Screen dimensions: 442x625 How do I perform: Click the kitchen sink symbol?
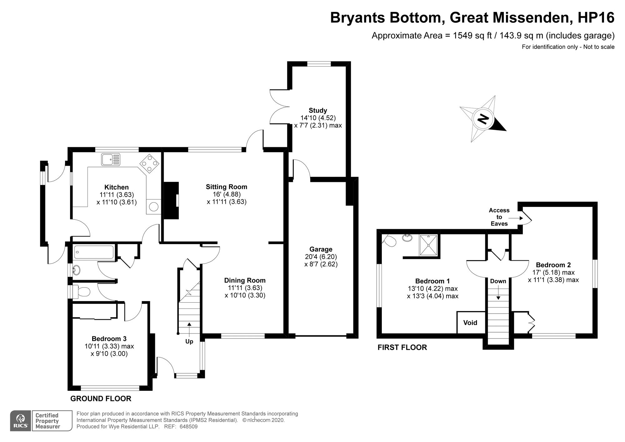[111, 159]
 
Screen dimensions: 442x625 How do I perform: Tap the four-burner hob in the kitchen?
[149, 163]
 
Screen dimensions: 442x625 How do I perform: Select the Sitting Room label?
[226, 187]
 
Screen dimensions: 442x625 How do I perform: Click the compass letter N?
[483, 119]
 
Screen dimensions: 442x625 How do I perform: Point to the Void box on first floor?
[470, 323]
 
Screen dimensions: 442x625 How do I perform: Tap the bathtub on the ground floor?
[94, 252]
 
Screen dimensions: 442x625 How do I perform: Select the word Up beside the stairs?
[189, 341]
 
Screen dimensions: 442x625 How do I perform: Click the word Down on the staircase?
[498, 281]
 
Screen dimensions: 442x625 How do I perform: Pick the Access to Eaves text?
[499, 217]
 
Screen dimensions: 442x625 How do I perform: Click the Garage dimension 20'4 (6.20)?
[321, 257]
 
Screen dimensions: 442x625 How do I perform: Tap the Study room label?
[318, 110]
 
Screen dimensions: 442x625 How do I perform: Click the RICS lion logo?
[21, 421]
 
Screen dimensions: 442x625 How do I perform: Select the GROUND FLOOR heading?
[101, 399]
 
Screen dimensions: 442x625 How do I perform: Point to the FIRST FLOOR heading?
[402, 347]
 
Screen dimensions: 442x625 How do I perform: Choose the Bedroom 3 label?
[109, 339]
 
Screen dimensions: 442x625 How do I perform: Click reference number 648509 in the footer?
[188, 426]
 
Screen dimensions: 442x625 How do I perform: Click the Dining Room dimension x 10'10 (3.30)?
[245, 295]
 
